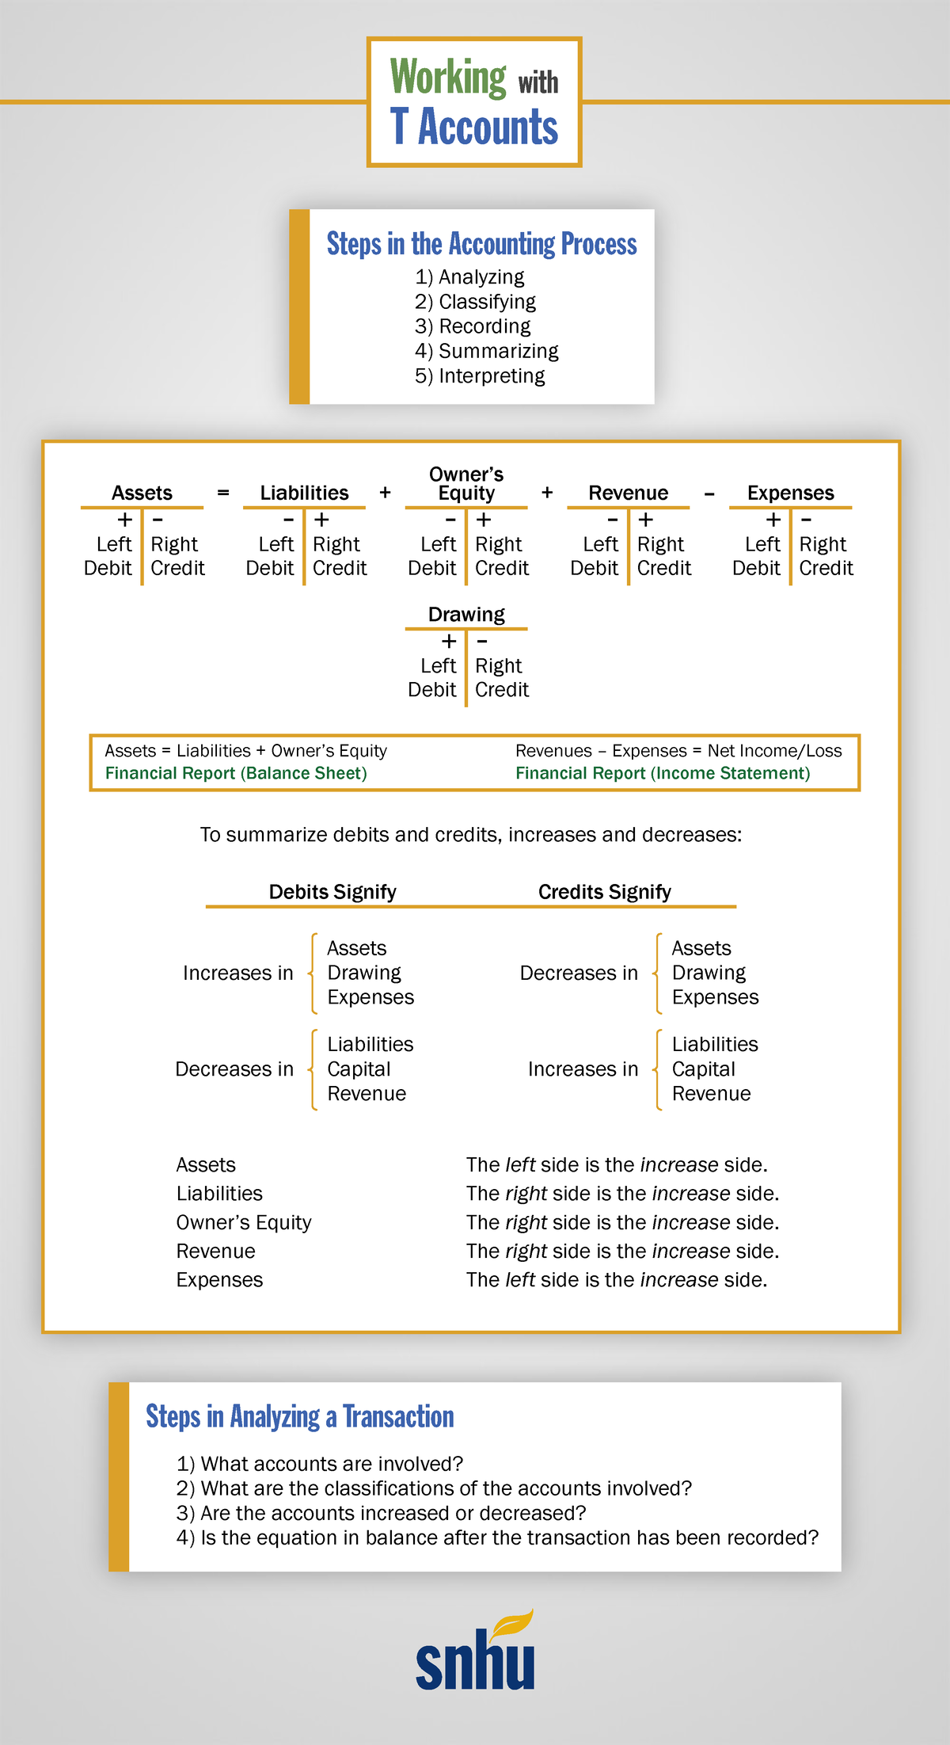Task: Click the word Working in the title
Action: [x=447, y=78]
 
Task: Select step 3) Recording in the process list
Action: [x=473, y=326]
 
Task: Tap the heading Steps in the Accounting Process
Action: [x=481, y=244]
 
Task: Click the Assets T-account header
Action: [x=142, y=493]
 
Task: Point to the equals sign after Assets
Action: [x=223, y=493]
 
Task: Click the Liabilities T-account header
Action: [x=304, y=493]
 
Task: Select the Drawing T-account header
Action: [x=466, y=615]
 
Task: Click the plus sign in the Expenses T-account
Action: [x=773, y=520]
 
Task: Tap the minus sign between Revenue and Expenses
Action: [x=709, y=493]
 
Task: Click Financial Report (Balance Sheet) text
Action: [x=236, y=773]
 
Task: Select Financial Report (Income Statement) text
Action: [x=663, y=773]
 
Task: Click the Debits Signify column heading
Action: [x=332, y=892]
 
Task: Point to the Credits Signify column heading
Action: [x=604, y=892]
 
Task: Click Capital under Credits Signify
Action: [x=703, y=1069]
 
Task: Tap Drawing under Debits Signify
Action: [x=364, y=973]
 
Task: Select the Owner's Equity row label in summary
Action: [x=244, y=1222]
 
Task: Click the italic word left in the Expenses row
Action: [x=520, y=1280]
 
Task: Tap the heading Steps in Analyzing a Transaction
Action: [x=299, y=1416]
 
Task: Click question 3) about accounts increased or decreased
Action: [x=381, y=1513]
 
